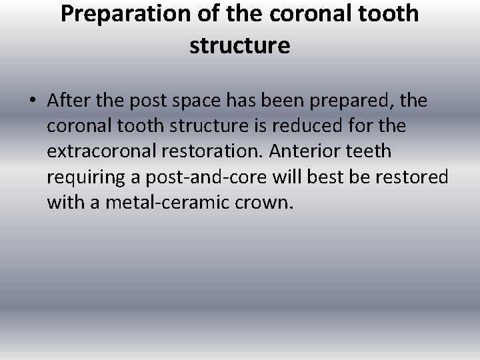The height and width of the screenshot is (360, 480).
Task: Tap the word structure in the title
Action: pyautogui.click(x=239, y=45)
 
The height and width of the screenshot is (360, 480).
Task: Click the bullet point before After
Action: pyautogui.click(x=33, y=101)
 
